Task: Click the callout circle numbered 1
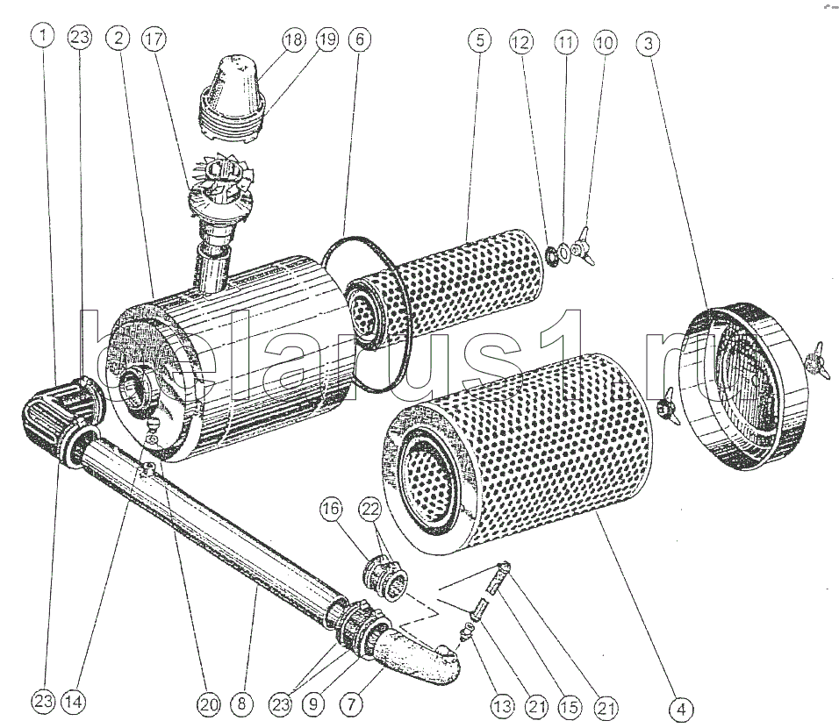(43, 36)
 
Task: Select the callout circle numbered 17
(154, 39)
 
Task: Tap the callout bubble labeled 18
(294, 40)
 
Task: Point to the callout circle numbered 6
(360, 39)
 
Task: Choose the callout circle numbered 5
(479, 40)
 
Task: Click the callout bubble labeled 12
(521, 42)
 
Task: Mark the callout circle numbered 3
(648, 43)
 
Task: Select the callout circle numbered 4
(681, 710)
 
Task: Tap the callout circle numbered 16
(331, 508)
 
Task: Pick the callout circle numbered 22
(370, 510)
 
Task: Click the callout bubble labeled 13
(503, 707)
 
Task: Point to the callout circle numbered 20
(208, 704)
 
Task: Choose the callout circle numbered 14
(74, 702)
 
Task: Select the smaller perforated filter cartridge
(444, 286)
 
